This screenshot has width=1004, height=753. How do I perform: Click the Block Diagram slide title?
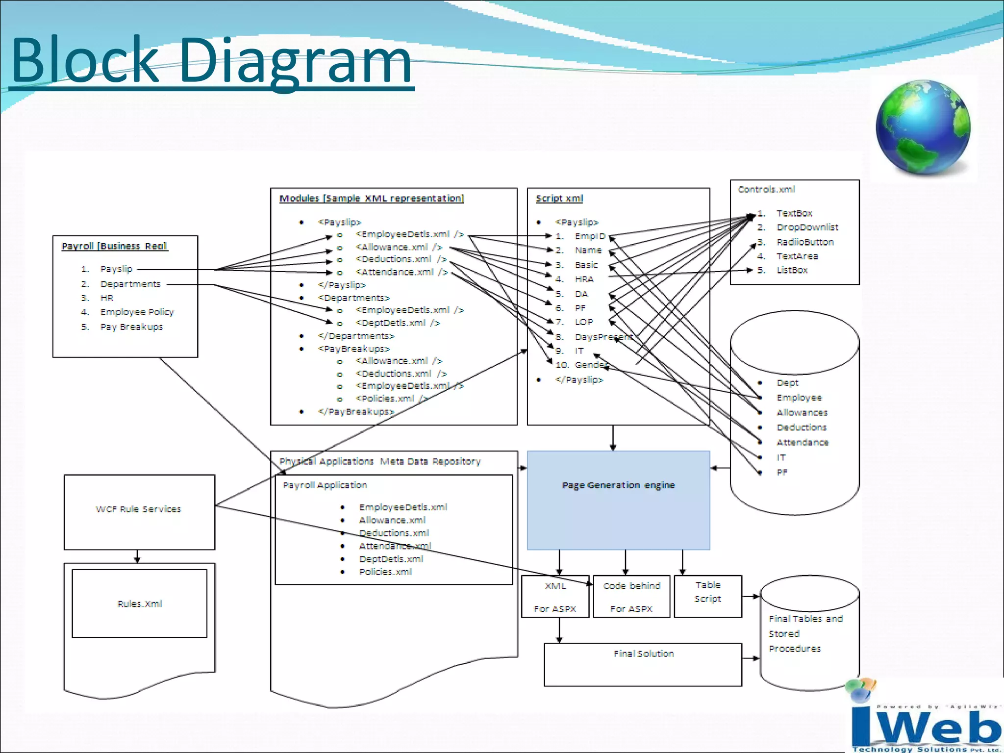point(211,61)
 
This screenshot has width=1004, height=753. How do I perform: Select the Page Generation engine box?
point(618,500)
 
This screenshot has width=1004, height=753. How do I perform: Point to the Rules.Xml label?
point(140,604)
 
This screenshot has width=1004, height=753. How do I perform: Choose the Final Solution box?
point(643,664)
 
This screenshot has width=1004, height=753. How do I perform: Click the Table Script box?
point(707,596)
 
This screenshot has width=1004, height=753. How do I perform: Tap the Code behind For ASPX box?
point(631,597)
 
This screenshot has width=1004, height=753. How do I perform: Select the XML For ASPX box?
point(555,597)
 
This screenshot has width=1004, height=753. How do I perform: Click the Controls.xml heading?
point(766,189)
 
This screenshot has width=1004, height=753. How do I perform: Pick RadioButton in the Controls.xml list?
point(805,242)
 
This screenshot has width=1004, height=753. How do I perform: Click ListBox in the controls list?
point(792,270)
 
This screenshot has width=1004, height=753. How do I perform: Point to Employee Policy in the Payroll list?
point(137,312)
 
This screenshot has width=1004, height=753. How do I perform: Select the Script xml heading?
point(559,199)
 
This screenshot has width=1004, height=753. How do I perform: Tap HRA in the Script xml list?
point(584,279)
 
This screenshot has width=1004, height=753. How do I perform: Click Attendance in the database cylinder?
point(802,442)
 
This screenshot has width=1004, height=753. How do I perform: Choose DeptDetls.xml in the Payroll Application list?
point(391,559)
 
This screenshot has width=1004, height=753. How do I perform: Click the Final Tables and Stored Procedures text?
point(805,633)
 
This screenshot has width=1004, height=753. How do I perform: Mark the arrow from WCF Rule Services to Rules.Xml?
point(137,557)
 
